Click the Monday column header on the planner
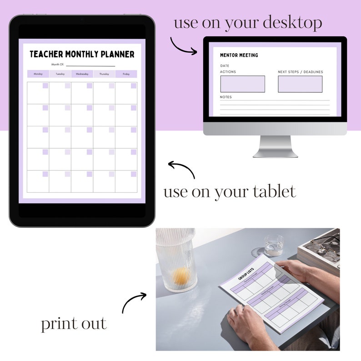pos(38,74)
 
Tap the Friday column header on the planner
pos(126,74)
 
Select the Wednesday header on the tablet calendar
pos(82,74)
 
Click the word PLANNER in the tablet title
pos(113,55)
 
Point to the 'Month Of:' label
pos(58,65)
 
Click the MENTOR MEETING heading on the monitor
pos(239,55)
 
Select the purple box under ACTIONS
pos(242,84)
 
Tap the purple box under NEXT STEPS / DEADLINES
pos(300,84)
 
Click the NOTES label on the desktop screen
pos(226,97)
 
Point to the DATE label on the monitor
pos(225,66)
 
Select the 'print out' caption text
pos(74,324)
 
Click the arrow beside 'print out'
pos(134,302)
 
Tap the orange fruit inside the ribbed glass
pos(181,274)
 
